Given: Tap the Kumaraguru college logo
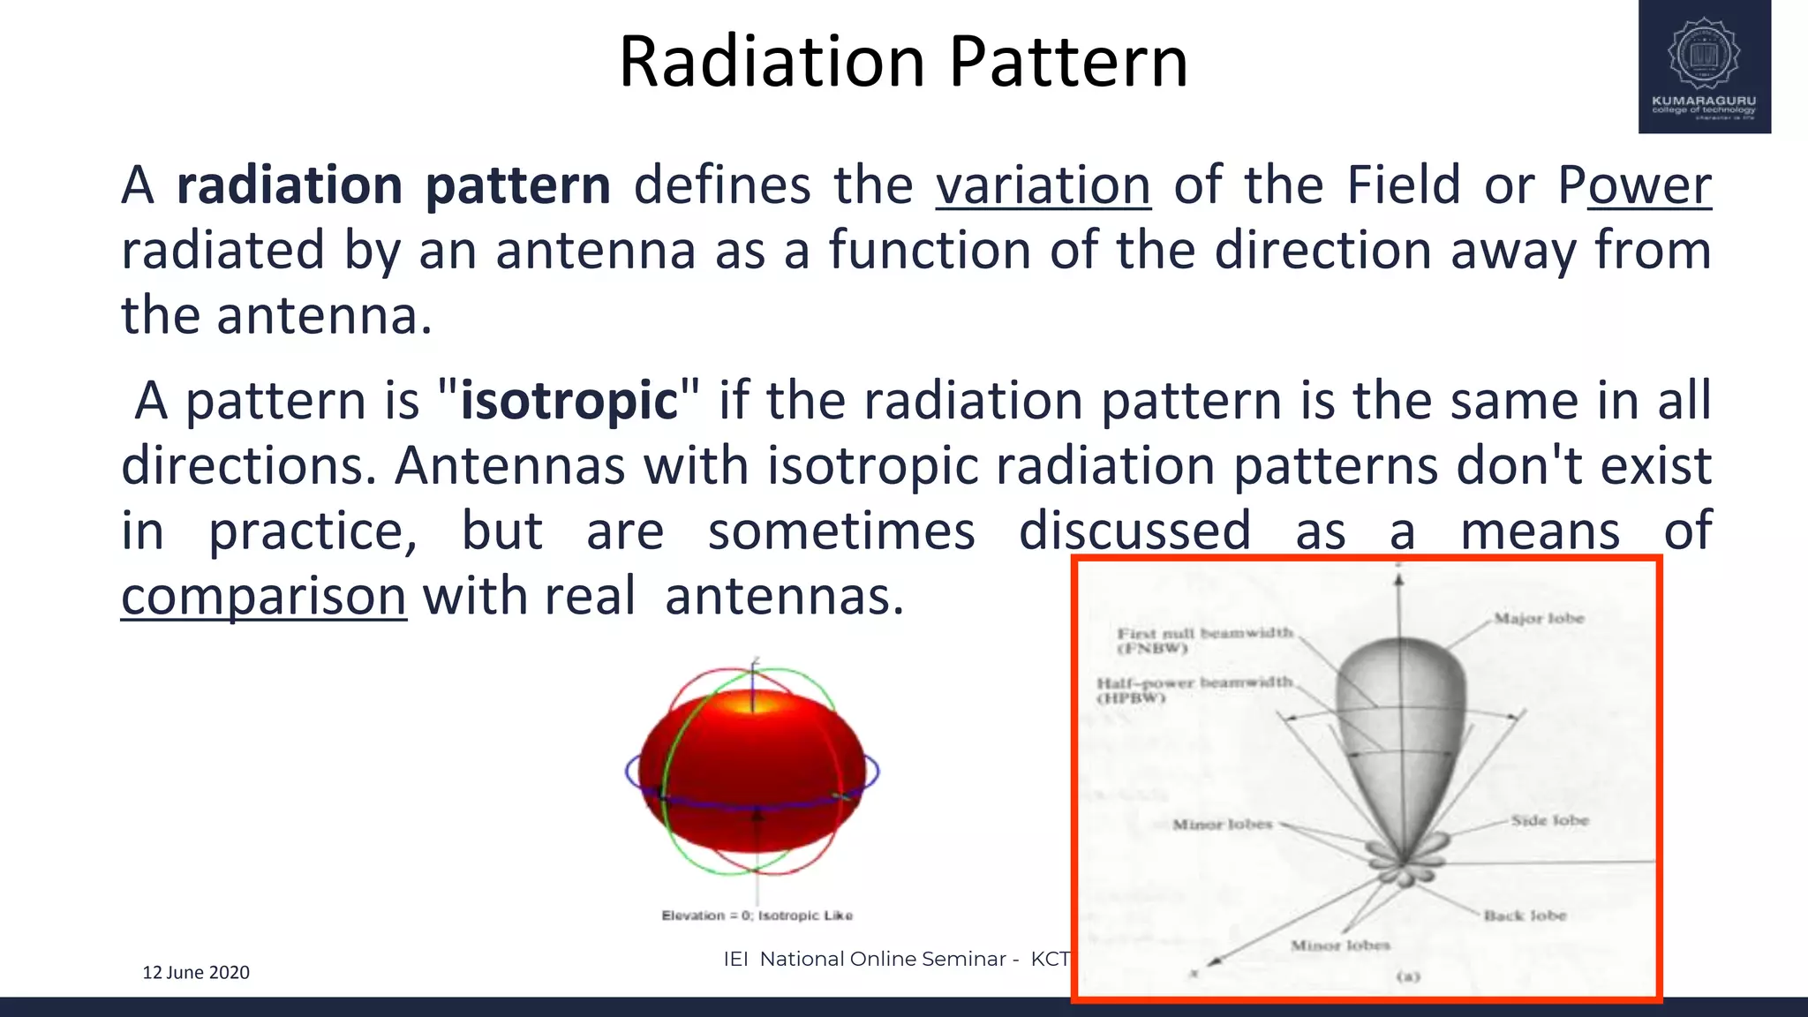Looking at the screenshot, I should coord(1704,67).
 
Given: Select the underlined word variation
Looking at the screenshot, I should coord(1043,185).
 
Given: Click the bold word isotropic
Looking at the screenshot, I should coord(569,401).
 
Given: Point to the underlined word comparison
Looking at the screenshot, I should coord(264,597).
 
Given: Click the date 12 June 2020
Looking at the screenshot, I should coord(196,972).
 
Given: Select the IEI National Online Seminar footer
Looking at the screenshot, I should coord(896,959).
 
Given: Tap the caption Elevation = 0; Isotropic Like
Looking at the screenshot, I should coord(757,915).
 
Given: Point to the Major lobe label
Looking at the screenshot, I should coord(1539,618).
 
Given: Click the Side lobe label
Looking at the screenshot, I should coord(1549,820).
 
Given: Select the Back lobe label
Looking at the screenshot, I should coord(1525,915).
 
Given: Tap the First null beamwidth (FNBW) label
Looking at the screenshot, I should coord(1205,640).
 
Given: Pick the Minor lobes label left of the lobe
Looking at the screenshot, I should coord(1222,825).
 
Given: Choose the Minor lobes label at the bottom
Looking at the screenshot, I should coord(1340,945).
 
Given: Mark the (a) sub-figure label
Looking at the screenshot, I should coord(1407,976).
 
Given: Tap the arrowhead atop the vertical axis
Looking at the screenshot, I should coord(1398,580).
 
